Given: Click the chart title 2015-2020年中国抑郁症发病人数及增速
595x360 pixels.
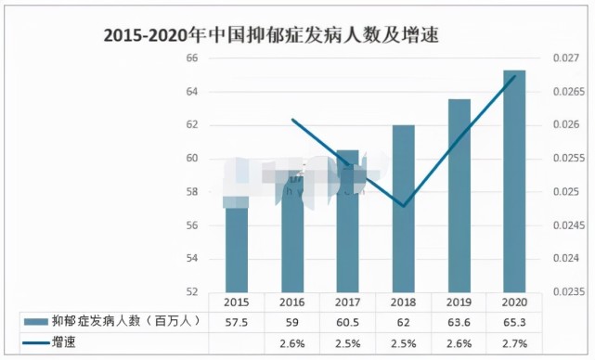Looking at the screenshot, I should (272, 36).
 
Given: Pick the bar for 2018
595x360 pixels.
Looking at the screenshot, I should (404, 209).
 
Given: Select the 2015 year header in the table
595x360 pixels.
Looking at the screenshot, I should (237, 302).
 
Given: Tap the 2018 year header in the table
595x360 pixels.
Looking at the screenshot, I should (404, 302).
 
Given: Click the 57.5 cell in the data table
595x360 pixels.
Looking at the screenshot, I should (237, 321).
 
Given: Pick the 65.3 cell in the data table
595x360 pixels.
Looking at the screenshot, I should (514, 321).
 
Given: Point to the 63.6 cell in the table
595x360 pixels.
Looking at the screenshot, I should (459, 321).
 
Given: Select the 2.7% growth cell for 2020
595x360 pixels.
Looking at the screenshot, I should (514, 342).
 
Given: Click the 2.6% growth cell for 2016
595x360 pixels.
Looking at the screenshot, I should (292, 342).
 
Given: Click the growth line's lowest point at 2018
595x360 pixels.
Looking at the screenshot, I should (404, 205).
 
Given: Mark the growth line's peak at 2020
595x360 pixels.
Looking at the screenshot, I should (514, 76).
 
